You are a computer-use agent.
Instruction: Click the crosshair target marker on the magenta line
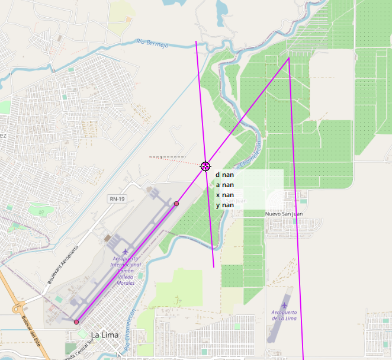pyautogui.click(x=205, y=167)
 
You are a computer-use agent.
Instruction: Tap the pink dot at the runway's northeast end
pyautogui.click(x=176, y=204)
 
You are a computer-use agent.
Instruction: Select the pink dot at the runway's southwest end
pyautogui.click(x=76, y=322)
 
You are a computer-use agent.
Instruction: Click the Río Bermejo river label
pyautogui.click(x=152, y=43)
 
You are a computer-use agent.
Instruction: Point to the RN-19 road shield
pyautogui.click(x=117, y=199)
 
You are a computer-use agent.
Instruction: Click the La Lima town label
pyautogui.click(x=104, y=335)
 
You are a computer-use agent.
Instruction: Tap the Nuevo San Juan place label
pyautogui.click(x=284, y=214)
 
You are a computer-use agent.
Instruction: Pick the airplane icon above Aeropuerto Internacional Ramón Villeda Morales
pyautogui.click(x=125, y=252)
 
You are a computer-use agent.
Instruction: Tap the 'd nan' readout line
pyautogui.click(x=225, y=175)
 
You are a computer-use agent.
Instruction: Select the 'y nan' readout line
pyautogui.click(x=225, y=205)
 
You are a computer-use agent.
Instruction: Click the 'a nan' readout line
pyautogui.click(x=225, y=185)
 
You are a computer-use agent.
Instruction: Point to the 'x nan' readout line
pyautogui.click(x=225, y=195)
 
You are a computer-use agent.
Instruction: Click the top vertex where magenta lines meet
pyautogui.click(x=288, y=58)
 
